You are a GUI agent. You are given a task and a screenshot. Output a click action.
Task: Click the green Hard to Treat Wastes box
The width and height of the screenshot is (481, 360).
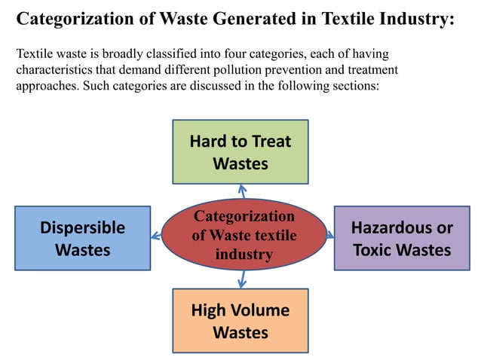(240, 151)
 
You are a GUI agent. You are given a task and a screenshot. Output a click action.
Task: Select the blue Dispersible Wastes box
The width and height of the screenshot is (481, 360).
(82, 238)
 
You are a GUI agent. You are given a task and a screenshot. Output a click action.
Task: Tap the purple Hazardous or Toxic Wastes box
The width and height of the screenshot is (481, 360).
(401, 238)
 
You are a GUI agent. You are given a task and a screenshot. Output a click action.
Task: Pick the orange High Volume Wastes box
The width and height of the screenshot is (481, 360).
(240, 321)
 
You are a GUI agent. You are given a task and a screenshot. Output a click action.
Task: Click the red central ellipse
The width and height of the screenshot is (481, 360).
(244, 236)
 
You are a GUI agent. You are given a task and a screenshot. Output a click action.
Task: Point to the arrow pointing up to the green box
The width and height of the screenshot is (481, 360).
(241, 191)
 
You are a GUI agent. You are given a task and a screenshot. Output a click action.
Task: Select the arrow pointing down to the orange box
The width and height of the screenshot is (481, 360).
(241, 281)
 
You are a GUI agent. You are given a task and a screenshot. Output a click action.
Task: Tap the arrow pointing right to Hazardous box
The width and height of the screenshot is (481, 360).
(329, 236)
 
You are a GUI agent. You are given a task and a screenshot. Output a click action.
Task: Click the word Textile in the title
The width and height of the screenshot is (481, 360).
(344, 18)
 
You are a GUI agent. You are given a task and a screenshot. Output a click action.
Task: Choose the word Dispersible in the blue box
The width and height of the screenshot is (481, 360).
(82, 227)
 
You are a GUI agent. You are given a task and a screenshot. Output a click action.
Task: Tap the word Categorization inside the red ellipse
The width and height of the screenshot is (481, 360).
(244, 217)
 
